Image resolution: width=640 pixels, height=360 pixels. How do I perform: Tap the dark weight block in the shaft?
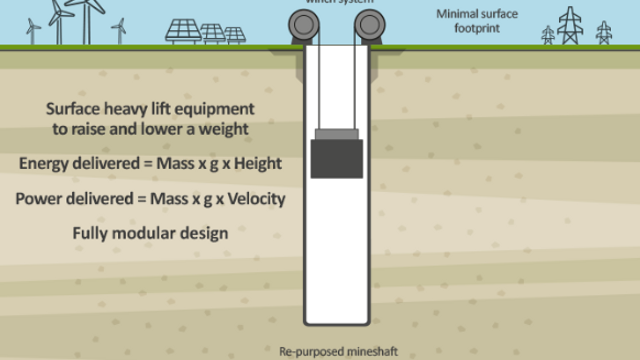[336, 159]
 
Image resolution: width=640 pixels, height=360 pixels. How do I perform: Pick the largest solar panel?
[182, 31]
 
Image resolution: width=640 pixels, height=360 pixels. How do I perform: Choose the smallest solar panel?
[234, 35]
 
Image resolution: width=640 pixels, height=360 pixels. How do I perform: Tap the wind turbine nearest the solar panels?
[120, 30]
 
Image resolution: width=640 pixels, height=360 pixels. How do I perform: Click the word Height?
[258, 163]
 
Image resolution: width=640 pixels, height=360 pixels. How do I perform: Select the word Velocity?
[254, 198]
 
